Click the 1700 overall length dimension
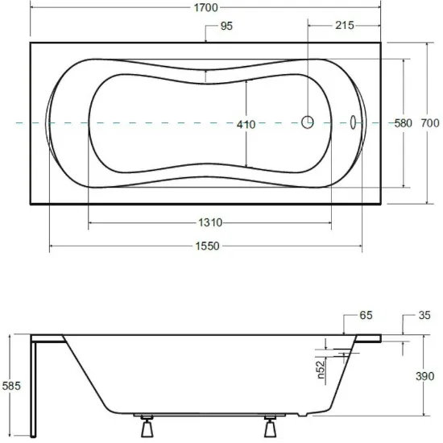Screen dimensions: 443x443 coord(206,7)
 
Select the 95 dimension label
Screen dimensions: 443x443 coord(226,26)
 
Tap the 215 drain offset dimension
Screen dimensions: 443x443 coord(345,26)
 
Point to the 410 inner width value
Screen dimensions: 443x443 coord(246,125)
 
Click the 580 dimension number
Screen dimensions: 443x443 coord(404,123)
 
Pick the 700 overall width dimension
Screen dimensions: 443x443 coord(430,123)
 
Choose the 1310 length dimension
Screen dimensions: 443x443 coord(210,222)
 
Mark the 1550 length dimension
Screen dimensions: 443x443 coord(207,246)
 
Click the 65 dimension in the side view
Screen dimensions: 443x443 coord(366,315)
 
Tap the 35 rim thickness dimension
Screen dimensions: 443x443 coord(424,315)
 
